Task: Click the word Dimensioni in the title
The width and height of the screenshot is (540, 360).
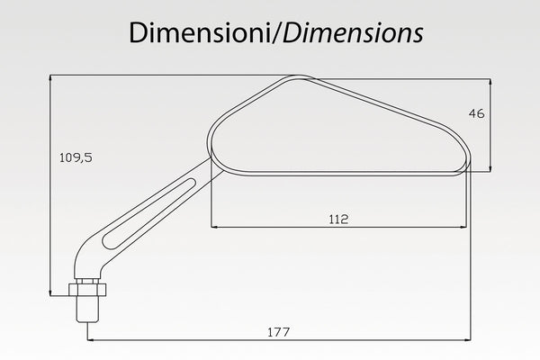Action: click(200, 33)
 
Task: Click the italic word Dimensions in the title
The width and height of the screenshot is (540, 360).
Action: click(353, 33)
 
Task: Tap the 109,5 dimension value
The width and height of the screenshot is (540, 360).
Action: click(76, 157)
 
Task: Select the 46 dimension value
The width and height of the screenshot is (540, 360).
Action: click(477, 113)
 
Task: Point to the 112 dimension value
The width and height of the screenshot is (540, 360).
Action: click(338, 219)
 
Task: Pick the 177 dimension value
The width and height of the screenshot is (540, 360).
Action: click(279, 332)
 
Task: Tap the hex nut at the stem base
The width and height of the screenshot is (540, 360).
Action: click(87, 290)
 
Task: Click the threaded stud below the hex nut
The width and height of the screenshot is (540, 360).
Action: click(87, 309)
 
